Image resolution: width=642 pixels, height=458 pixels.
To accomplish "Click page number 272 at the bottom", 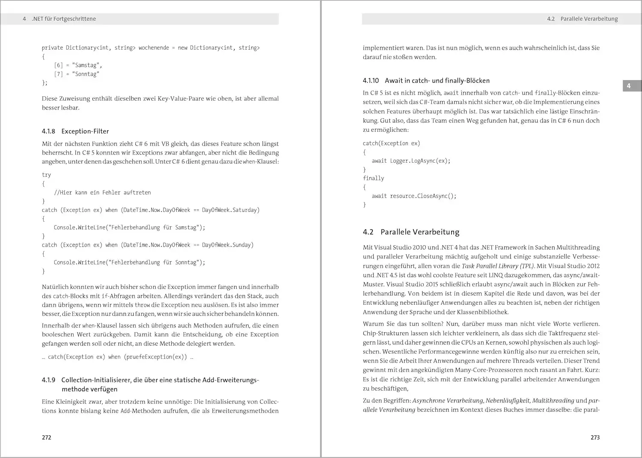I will (47, 437).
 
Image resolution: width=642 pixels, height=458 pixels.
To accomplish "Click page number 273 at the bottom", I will (595, 437).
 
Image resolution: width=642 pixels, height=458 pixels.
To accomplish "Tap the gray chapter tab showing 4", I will (629, 86).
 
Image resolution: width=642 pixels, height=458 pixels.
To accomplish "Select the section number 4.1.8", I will (48, 131).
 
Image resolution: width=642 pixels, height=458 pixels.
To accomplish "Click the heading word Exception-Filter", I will (85, 131).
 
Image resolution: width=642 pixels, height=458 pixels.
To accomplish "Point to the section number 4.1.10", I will (371, 80).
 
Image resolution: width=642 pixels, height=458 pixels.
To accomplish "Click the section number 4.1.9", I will (48, 380).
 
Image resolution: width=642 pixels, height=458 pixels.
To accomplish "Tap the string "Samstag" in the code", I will (86, 65).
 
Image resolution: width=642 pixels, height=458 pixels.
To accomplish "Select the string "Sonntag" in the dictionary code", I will (86, 74).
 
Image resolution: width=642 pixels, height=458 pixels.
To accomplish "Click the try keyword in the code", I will (46, 175).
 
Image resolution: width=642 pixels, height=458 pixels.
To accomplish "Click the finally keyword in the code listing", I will (373, 178).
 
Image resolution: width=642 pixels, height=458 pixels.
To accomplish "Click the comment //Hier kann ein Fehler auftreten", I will (102, 193).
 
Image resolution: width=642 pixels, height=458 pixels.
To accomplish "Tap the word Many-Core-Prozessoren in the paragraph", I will (475, 370).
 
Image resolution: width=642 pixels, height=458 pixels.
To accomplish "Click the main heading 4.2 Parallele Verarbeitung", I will (411, 232).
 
